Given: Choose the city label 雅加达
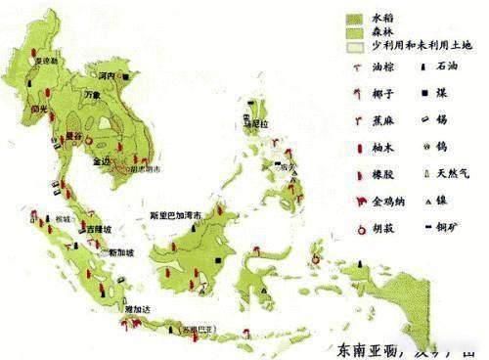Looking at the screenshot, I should click(111, 308).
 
